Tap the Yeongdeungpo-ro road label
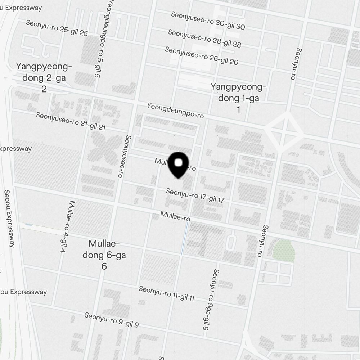pyautogui.click(x=175, y=111)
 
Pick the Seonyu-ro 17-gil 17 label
pyautogui.click(x=195, y=195)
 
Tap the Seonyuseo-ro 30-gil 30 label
pyautogui.click(x=208, y=21)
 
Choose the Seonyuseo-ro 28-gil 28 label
pyautogui.click(x=204, y=38)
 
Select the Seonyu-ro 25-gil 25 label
pyautogui.click(x=57, y=28)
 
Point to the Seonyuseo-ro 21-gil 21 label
pyautogui.click(x=71, y=121)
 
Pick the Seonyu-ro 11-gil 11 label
pyautogui.click(x=166, y=293)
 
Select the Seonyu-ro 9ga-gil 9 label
pyautogui.click(x=211, y=300)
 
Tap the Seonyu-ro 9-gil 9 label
pyautogui.click(x=112, y=320)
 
